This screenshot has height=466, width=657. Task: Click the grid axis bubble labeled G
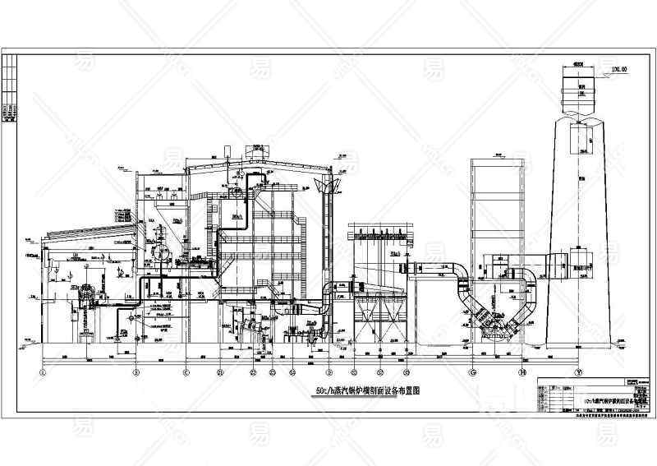point(471,372)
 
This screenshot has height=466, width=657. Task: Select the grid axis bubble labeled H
point(522,372)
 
